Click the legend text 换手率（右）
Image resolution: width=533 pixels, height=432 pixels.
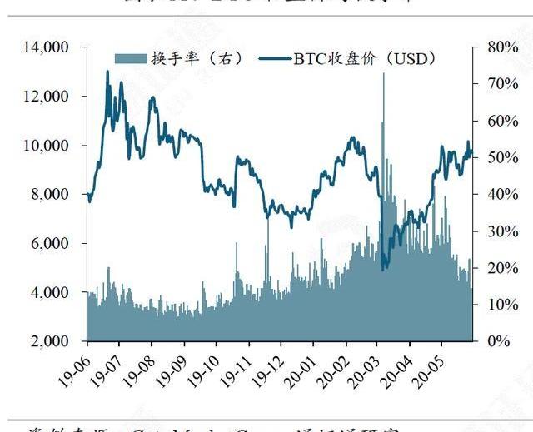pos(187,58)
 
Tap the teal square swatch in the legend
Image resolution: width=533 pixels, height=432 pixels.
pos(129,58)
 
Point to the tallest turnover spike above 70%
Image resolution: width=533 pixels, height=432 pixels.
pos(384,75)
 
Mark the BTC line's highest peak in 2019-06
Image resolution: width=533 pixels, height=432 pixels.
pos(107,72)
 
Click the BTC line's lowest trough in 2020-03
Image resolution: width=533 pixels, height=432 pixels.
pos(383,269)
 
